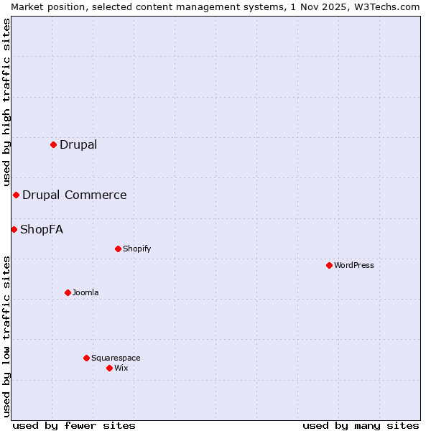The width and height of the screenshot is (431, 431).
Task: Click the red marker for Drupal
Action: [53, 144]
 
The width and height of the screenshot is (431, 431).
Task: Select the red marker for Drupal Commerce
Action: [16, 195]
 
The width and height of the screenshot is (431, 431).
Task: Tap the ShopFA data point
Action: [14, 229]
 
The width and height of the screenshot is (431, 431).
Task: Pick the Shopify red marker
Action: [118, 249]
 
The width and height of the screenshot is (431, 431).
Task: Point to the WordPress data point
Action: [329, 265]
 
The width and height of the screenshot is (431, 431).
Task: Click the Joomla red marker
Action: [68, 292]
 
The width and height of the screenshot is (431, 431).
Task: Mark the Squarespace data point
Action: [86, 358]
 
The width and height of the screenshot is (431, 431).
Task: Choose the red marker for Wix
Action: [109, 368]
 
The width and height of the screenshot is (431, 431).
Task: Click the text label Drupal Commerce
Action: [74, 195]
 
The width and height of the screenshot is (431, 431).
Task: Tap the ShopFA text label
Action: [42, 229]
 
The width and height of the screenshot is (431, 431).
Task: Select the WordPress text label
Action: [354, 265]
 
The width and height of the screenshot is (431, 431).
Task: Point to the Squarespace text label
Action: [116, 358]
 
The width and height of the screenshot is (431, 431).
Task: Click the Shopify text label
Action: [136, 249]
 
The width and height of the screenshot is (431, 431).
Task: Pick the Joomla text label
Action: [85, 292]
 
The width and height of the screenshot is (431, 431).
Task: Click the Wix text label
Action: [121, 368]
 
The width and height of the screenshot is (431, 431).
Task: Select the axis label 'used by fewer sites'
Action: [74, 425]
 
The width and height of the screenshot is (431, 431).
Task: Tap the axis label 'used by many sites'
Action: [361, 425]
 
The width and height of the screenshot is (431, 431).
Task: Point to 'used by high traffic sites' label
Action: [6, 102]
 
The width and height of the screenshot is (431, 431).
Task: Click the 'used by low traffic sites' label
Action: [6, 335]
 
